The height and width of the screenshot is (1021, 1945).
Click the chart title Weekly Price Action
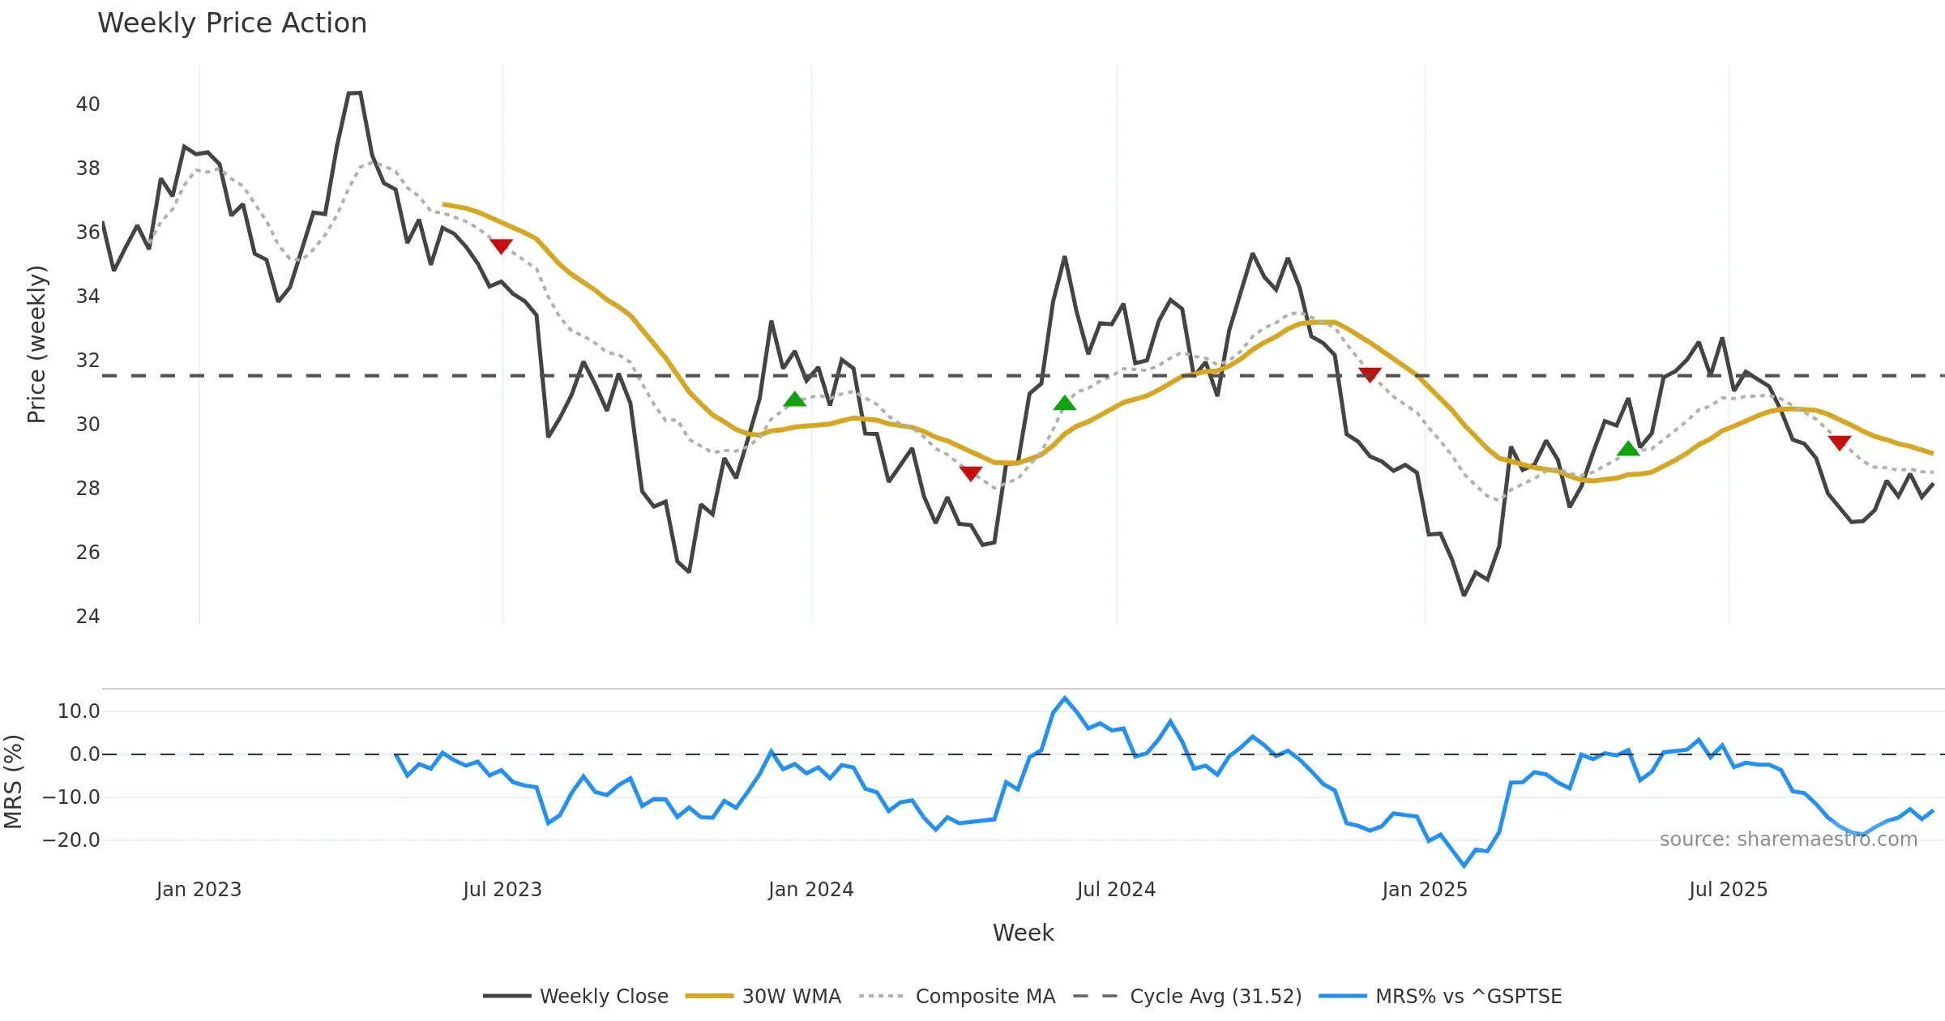click(232, 23)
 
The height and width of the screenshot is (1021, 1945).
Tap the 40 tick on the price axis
click(88, 105)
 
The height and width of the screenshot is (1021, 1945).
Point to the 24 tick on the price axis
click(88, 617)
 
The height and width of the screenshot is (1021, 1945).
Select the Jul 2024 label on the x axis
click(1116, 890)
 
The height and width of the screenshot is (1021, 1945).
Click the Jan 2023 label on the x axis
click(199, 890)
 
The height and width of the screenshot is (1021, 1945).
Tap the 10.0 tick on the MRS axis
click(79, 711)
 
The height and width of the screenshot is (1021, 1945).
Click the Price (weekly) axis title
click(37, 344)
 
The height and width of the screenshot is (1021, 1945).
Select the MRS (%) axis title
click(13, 782)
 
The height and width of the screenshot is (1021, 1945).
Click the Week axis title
click(1023, 933)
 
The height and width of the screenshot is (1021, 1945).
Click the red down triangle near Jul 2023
click(501, 246)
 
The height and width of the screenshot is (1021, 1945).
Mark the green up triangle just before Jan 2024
click(795, 399)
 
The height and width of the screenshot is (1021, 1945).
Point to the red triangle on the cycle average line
click(1370, 374)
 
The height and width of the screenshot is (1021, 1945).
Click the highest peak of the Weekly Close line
click(354, 93)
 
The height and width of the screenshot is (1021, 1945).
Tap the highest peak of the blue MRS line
click(1065, 698)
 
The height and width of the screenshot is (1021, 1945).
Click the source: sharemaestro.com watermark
click(1788, 839)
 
